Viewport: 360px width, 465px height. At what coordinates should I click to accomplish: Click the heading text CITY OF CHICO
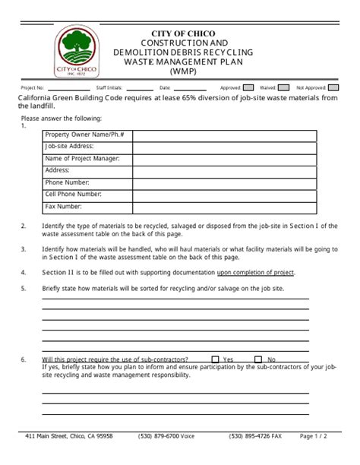point(184,34)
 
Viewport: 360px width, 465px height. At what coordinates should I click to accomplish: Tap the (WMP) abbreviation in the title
point(184,71)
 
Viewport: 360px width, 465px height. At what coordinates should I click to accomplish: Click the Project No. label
point(33,89)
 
